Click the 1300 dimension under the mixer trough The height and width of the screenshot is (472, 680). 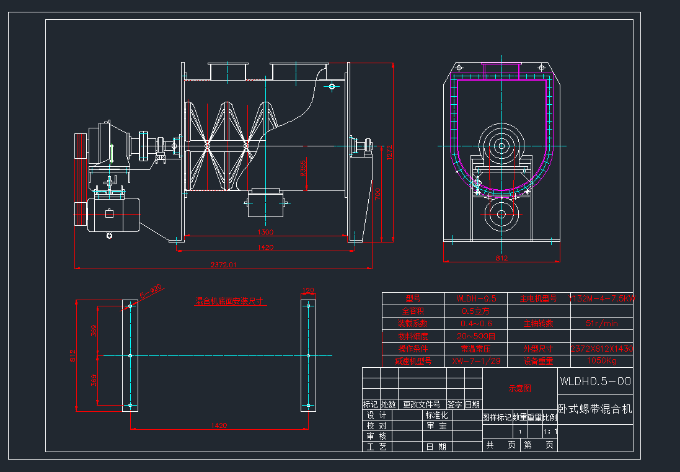[265, 232]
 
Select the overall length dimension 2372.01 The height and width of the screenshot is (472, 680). [223, 265]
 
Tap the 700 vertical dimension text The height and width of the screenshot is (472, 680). [378, 194]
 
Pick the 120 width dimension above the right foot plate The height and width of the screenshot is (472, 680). [308, 290]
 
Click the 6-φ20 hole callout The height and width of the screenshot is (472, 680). [151, 289]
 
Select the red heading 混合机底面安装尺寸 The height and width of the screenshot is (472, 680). [230, 301]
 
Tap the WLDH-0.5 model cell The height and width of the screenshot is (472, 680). [475, 298]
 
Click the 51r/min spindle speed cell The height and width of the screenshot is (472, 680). [601, 323]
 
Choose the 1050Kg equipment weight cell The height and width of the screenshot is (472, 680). [601, 360]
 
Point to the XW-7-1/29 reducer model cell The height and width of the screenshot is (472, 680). [475, 360]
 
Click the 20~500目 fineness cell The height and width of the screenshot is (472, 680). [475, 336]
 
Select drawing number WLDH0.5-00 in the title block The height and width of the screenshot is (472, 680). [595, 381]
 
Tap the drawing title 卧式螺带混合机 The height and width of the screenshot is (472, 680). [595, 410]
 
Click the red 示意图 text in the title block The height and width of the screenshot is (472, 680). [519, 389]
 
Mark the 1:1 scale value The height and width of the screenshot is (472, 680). [550, 432]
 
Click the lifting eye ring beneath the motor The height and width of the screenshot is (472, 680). [110, 236]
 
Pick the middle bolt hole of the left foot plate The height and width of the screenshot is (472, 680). [130, 355]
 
